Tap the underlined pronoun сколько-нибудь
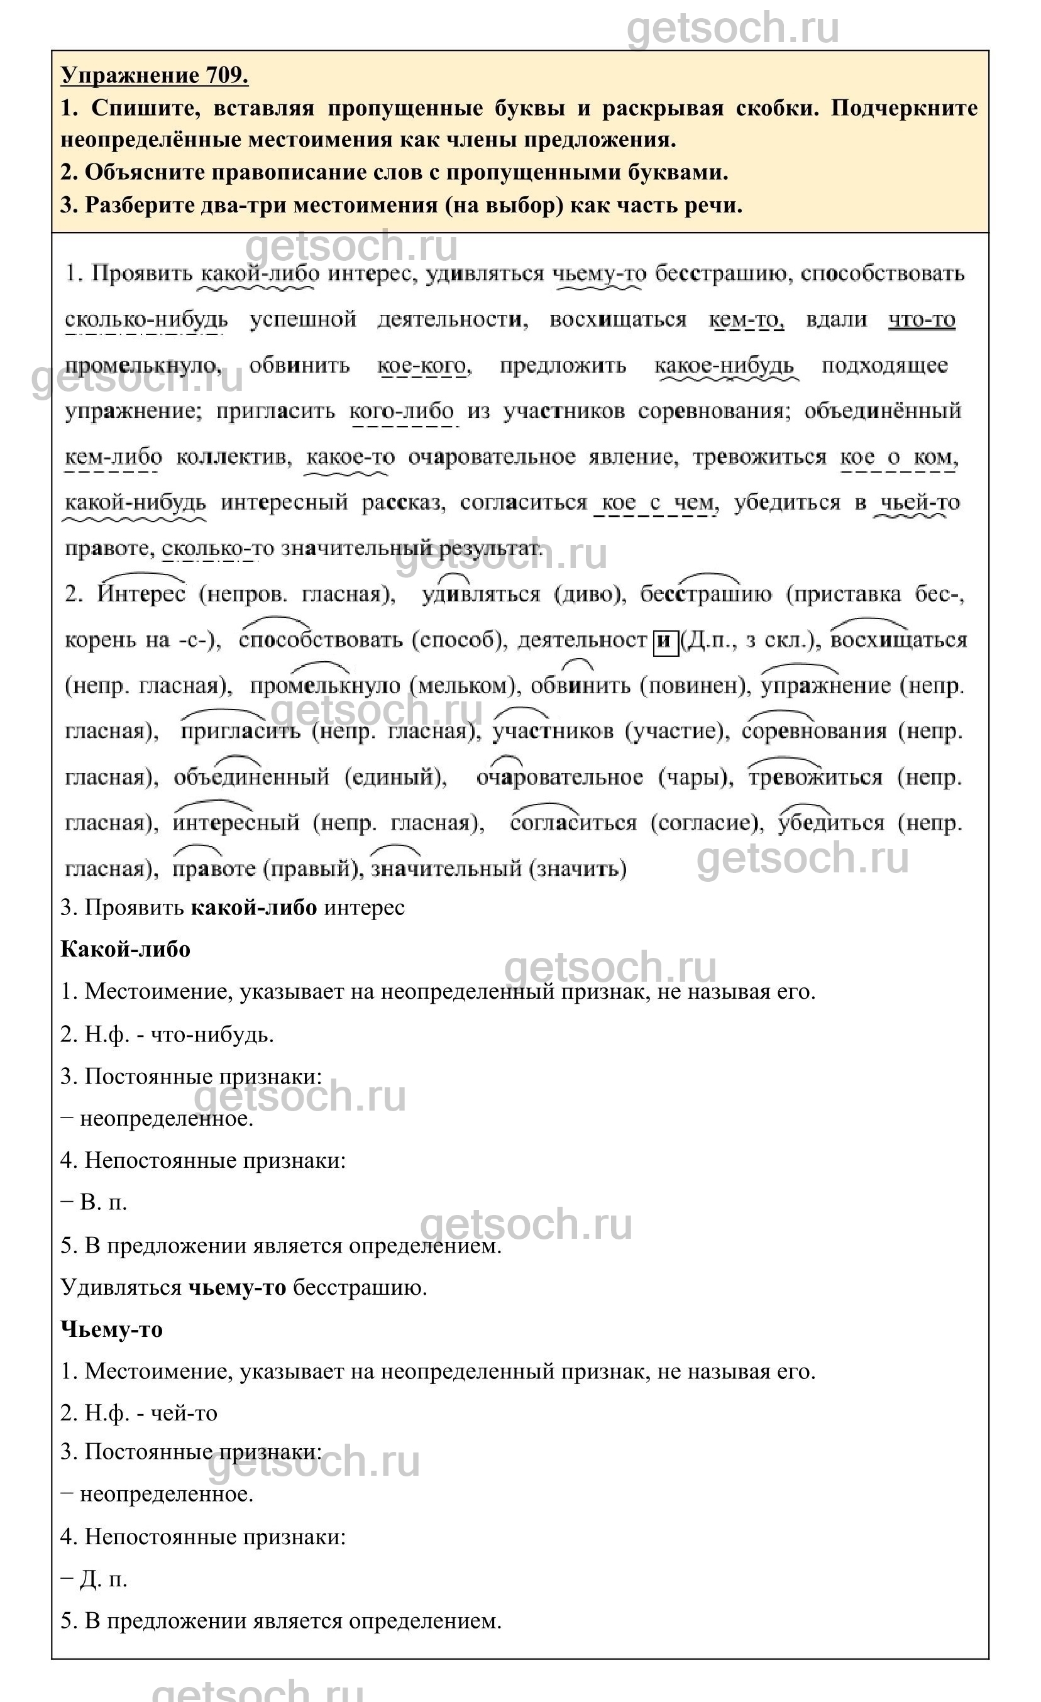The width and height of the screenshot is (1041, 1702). [x=146, y=320]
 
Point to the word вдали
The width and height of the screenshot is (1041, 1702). [x=836, y=320]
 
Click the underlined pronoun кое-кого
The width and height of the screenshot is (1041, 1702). [x=423, y=365]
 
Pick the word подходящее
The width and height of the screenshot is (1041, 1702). [x=884, y=365]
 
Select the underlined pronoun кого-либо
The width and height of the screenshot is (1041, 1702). [x=402, y=411]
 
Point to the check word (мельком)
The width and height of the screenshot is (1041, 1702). [x=463, y=686]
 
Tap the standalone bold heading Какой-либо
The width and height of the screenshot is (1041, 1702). [x=126, y=950]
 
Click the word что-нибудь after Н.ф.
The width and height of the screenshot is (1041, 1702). [x=212, y=1034]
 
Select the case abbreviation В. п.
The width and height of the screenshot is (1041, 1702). [x=104, y=1202]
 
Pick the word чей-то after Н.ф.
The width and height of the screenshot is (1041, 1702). [x=184, y=1414]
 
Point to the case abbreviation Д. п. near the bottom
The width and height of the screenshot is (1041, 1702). [x=104, y=1579]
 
